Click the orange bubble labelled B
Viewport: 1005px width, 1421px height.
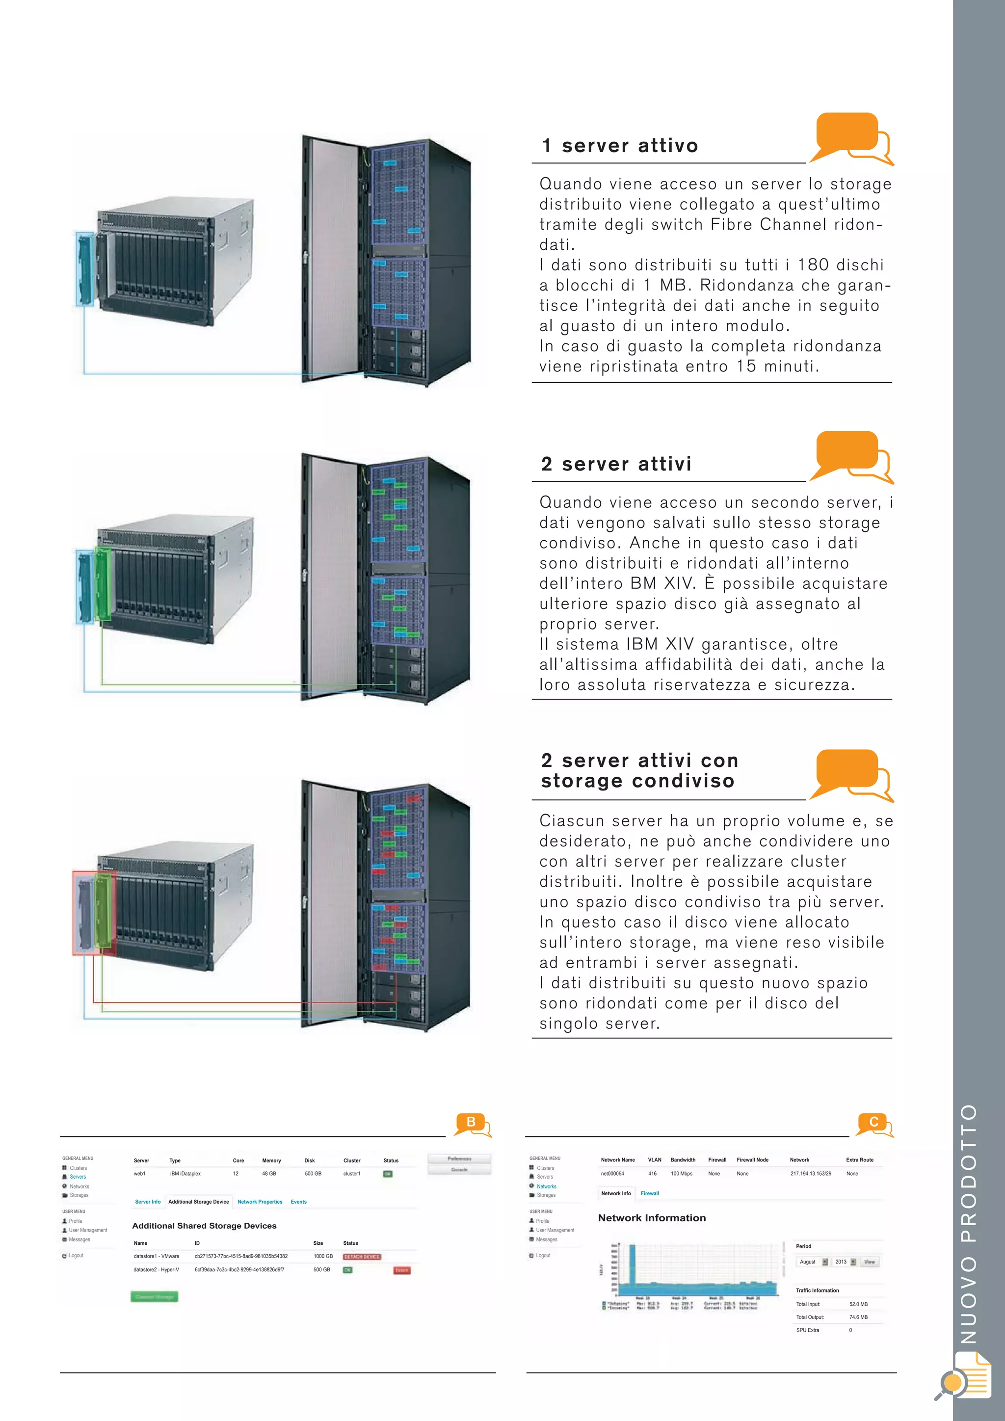[x=471, y=1123]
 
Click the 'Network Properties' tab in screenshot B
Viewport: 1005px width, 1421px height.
[x=260, y=1202]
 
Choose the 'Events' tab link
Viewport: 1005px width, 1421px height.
[x=298, y=1202]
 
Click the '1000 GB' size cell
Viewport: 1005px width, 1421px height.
[x=323, y=1256]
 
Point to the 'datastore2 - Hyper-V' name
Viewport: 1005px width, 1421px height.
[x=157, y=1269]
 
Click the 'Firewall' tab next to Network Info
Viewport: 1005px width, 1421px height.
[x=650, y=1193]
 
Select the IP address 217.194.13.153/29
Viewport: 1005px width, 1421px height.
[x=811, y=1173]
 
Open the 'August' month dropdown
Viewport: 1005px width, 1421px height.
[x=813, y=1262]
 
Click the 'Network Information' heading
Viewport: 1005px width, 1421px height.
[x=652, y=1218]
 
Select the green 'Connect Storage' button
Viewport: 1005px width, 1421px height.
[x=154, y=1296]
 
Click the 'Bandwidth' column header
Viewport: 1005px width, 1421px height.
[x=683, y=1160]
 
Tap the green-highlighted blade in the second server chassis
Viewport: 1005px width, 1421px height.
[x=103, y=583]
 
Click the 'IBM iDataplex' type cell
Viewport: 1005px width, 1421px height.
[x=185, y=1173]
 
